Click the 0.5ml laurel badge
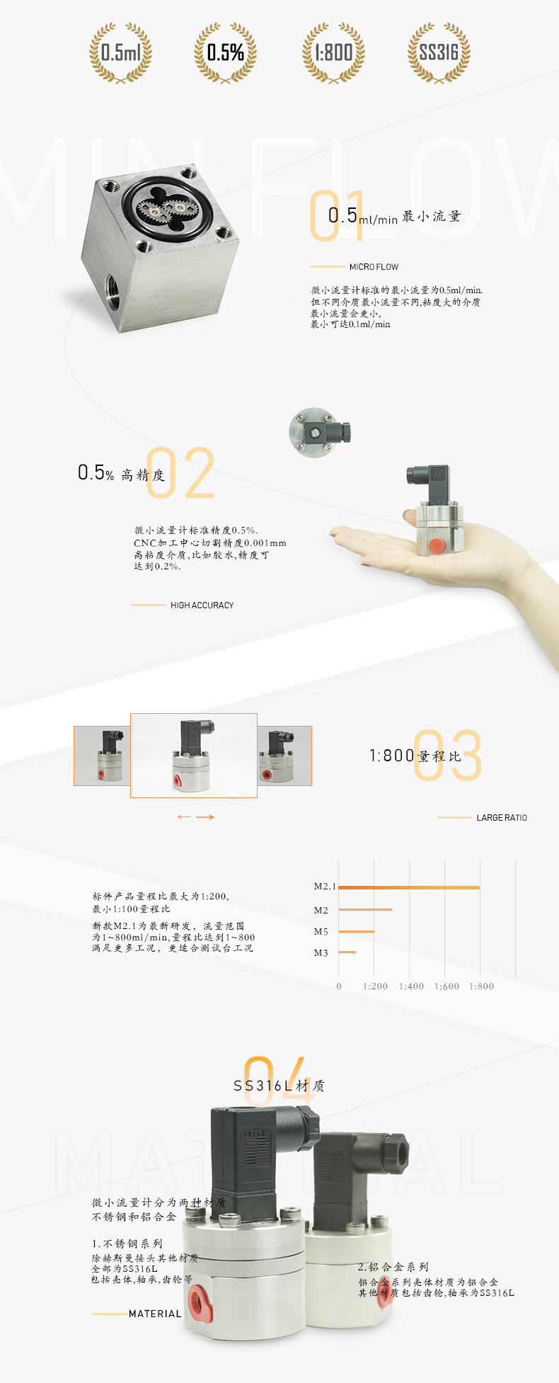click(120, 52)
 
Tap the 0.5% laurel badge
click(225, 52)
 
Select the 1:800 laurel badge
click(333, 52)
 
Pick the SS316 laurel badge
click(439, 52)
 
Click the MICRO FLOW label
click(374, 267)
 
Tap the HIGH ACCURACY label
click(202, 605)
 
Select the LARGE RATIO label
click(501, 818)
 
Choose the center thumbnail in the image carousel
click(193, 755)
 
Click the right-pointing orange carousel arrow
click(205, 817)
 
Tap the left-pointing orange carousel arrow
click(184, 817)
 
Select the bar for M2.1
click(409, 887)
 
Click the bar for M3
click(347, 952)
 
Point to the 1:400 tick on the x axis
click(411, 986)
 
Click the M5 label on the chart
click(321, 932)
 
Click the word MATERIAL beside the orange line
click(155, 1314)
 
